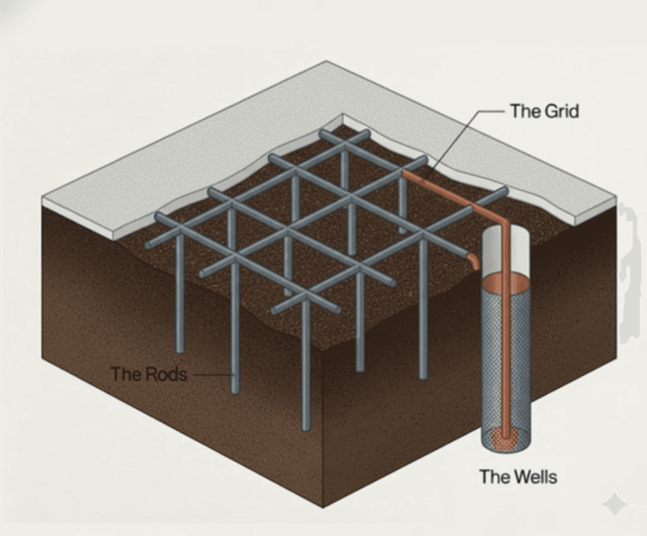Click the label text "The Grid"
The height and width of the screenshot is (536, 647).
(x=545, y=111)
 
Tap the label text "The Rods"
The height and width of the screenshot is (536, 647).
(x=149, y=374)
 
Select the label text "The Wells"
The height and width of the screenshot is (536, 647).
(x=518, y=477)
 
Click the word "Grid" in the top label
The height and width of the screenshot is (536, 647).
(x=562, y=111)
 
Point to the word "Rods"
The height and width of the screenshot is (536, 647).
(x=167, y=374)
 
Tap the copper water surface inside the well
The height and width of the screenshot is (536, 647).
(x=506, y=284)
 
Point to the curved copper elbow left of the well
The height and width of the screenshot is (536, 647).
(x=473, y=262)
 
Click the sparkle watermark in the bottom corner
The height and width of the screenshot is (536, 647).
(x=614, y=504)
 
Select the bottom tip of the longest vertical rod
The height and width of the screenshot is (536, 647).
(x=305, y=429)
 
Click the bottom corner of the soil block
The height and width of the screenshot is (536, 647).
(x=323, y=507)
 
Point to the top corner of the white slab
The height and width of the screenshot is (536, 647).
(x=327, y=61)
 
